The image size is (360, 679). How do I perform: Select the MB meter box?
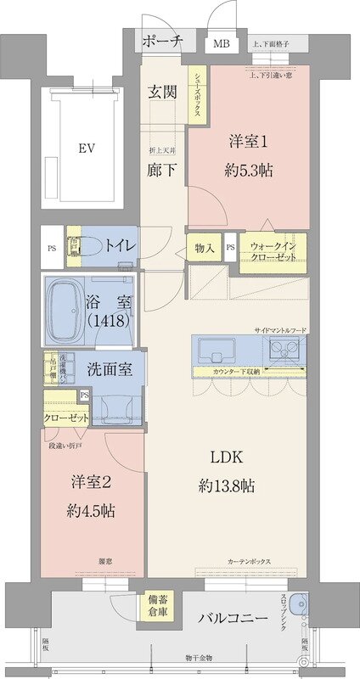(x=221, y=44)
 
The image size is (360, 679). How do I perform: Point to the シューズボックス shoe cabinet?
(x=194, y=96)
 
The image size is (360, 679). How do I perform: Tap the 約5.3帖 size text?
(x=248, y=169)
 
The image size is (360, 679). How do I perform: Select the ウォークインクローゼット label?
(x=273, y=251)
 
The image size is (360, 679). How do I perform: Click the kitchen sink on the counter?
(x=218, y=349)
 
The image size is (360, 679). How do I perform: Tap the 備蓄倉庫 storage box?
(x=156, y=604)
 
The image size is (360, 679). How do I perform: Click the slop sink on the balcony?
(x=295, y=604)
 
